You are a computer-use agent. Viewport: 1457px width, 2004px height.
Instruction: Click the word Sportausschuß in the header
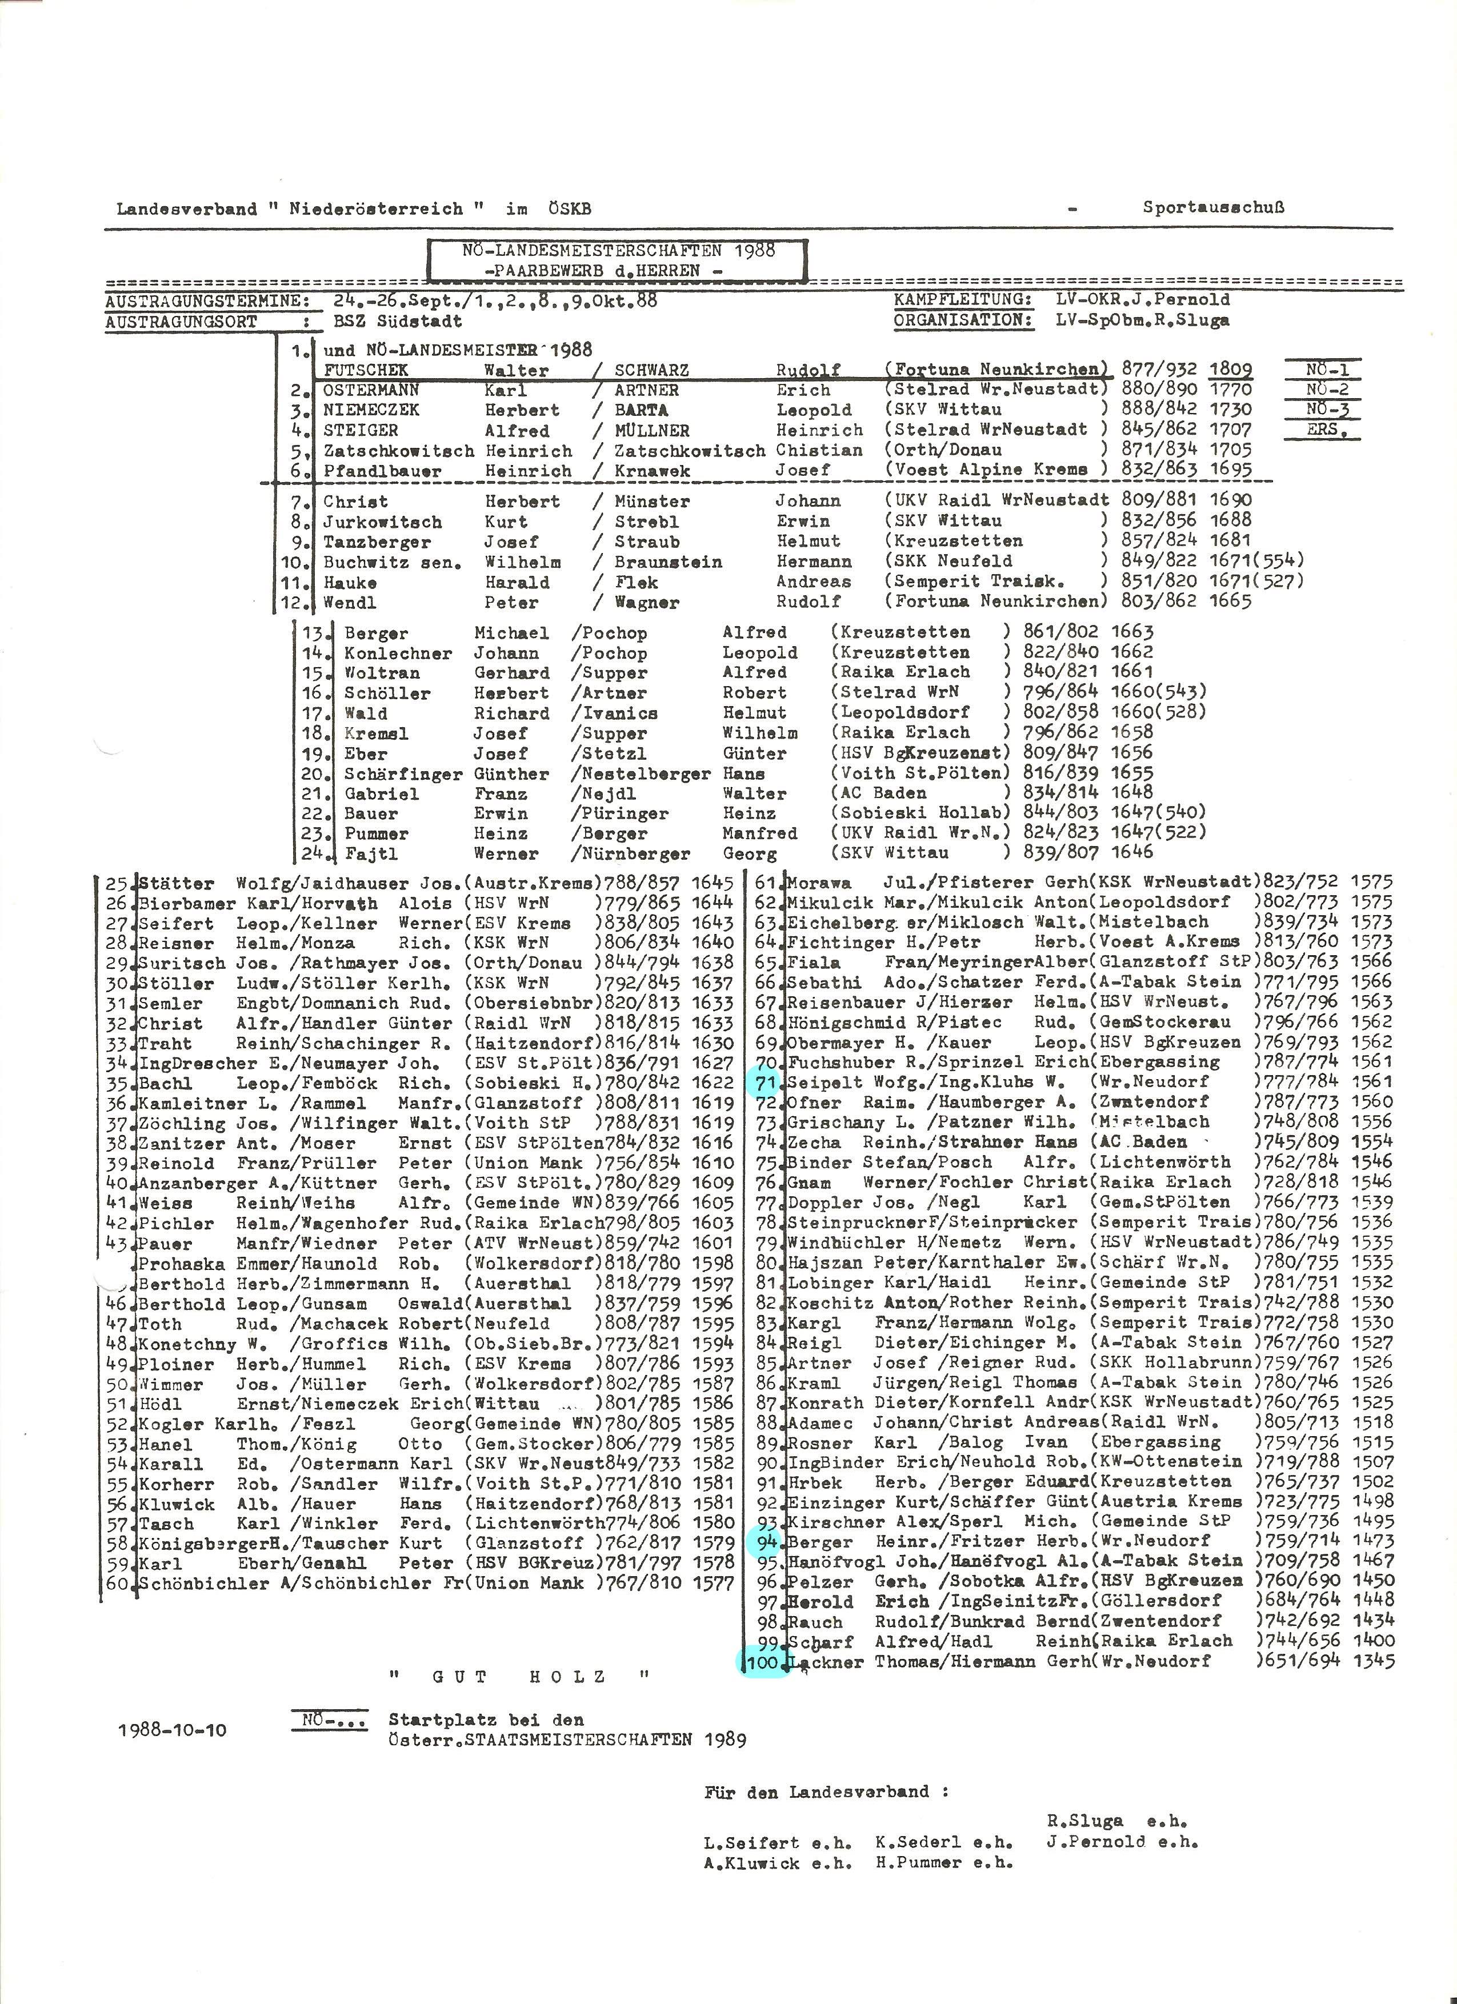1213,209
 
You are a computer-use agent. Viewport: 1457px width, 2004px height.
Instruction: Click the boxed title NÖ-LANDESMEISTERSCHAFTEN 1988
618,251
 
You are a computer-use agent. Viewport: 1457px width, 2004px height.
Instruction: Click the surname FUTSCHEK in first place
366,370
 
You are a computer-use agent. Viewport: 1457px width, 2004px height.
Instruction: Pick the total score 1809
1230,370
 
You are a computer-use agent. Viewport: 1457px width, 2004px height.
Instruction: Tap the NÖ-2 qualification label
1323,390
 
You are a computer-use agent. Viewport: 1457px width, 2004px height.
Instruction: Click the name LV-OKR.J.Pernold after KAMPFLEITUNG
1142,299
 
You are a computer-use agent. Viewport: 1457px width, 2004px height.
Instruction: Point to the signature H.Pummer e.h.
944,1863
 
